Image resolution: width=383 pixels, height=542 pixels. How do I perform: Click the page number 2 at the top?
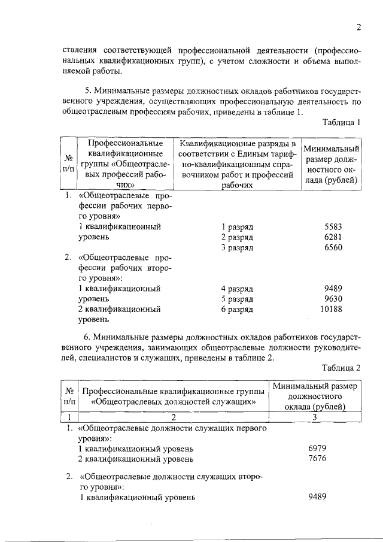click(x=359, y=26)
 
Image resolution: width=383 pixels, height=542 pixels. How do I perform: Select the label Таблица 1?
click(x=341, y=124)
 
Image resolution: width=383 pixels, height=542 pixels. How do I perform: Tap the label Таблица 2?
click(x=341, y=367)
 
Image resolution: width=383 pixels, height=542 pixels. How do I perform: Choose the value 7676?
click(x=317, y=459)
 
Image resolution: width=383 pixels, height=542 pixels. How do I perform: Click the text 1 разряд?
click(x=237, y=228)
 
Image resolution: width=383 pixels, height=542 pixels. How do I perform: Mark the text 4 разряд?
click(x=237, y=289)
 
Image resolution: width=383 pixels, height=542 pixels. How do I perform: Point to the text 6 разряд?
click(x=237, y=309)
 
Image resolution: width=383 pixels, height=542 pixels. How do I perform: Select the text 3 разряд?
click(x=237, y=248)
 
